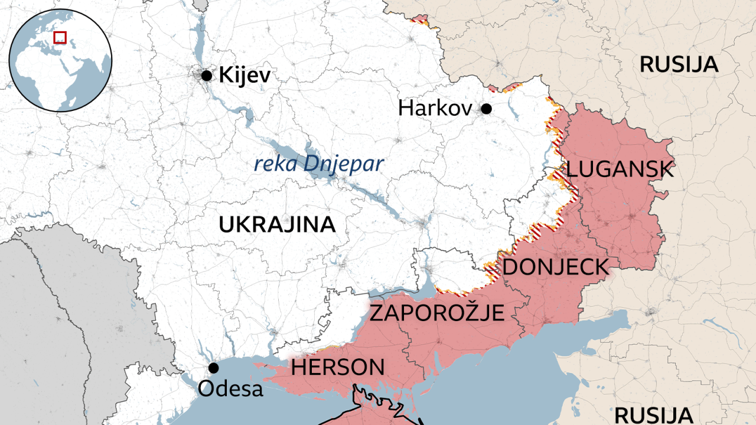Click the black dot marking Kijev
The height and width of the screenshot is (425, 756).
(206, 76)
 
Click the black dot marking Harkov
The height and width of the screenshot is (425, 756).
(486, 109)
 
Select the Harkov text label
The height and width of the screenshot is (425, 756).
(435, 109)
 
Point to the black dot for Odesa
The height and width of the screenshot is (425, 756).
(214, 368)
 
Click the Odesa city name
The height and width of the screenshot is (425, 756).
(230, 389)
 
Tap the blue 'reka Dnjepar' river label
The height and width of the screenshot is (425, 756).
(318, 164)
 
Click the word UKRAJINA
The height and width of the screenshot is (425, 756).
(277, 224)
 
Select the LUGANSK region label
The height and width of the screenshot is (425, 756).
(620, 170)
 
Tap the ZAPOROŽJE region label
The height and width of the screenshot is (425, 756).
(437, 312)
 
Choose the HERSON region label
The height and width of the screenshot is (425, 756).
(337, 368)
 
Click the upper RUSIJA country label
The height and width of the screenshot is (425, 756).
(679, 64)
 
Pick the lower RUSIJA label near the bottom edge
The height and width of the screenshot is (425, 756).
(653, 414)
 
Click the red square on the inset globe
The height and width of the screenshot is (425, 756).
(60, 37)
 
